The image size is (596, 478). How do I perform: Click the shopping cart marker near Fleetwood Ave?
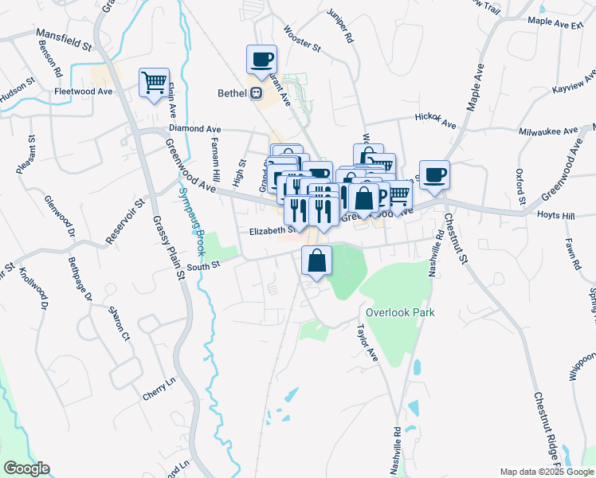tap(154, 82)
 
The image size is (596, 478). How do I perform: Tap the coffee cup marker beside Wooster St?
tap(262, 59)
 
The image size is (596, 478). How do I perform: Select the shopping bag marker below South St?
tap(316, 260)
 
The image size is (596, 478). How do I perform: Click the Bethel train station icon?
tap(257, 93)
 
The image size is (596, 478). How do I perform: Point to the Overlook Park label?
tap(400, 313)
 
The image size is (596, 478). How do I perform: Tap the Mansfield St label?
tap(64, 41)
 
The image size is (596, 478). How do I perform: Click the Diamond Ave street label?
tap(194, 128)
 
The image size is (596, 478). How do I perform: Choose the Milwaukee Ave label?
tap(547, 131)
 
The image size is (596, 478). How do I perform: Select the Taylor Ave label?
tap(367, 344)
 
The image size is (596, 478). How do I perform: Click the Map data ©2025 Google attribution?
tap(546, 472)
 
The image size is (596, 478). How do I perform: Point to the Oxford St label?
tap(521, 186)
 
